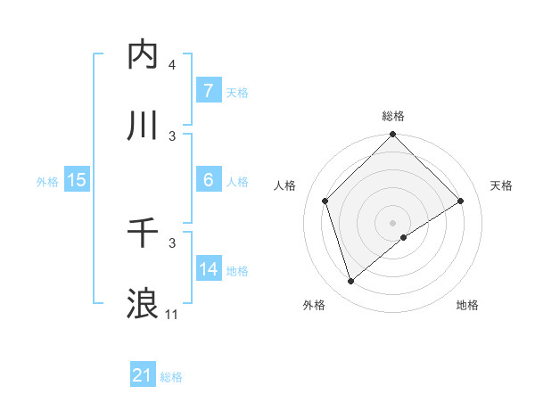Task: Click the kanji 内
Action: click(x=143, y=54)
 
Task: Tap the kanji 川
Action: click(x=143, y=125)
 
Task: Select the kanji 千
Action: click(x=143, y=233)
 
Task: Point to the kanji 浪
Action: click(x=143, y=303)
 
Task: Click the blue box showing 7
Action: click(x=208, y=91)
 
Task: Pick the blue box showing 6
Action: click(x=208, y=180)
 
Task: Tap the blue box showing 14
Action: click(x=208, y=269)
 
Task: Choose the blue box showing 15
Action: click(x=77, y=180)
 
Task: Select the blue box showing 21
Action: click(x=143, y=375)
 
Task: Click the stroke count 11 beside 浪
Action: click(x=171, y=314)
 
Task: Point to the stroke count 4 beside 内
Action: click(x=171, y=65)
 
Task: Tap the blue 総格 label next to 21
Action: click(x=171, y=377)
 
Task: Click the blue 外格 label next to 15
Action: click(x=47, y=181)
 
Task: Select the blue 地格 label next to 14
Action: click(x=237, y=270)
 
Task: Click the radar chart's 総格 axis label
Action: click(x=393, y=116)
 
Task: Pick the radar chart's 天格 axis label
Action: click(x=502, y=185)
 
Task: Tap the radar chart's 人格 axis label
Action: click(x=285, y=185)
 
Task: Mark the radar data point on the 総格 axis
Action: click(x=393, y=136)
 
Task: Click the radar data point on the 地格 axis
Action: click(x=404, y=237)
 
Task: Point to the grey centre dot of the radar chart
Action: click(x=393, y=222)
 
